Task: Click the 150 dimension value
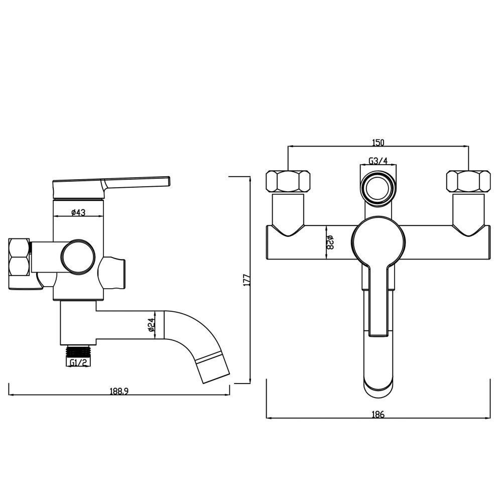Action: click(x=378, y=142)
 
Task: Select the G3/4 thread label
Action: click(x=378, y=161)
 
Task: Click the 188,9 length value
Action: click(x=119, y=391)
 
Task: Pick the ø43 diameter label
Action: click(x=78, y=212)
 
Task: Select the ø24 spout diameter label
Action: click(x=152, y=324)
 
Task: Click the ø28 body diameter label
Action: click(x=330, y=242)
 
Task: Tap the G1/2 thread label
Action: click(x=78, y=362)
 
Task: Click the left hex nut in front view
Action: click(x=288, y=182)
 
